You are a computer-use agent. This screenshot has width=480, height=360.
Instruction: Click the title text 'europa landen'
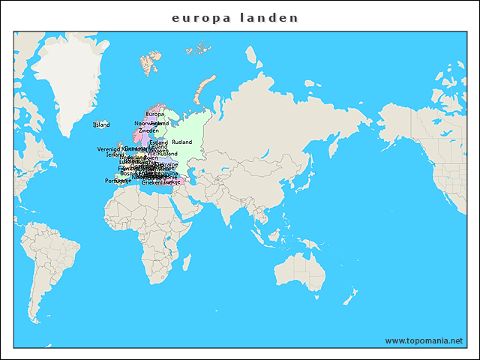(x=235, y=17)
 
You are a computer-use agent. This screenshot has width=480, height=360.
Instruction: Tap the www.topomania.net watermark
(x=424, y=340)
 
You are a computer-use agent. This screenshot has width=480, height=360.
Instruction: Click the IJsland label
(x=101, y=124)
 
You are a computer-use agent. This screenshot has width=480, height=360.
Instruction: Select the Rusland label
(x=181, y=142)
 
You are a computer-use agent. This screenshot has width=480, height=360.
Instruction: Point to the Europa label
(x=155, y=114)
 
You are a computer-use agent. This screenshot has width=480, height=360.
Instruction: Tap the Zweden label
(x=148, y=130)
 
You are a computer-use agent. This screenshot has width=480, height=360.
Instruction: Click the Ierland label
(x=115, y=154)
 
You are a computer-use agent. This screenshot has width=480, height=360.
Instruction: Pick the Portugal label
(x=113, y=180)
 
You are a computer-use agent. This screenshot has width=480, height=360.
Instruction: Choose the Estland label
(x=158, y=142)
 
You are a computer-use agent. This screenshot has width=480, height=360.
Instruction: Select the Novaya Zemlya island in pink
(x=199, y=90)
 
